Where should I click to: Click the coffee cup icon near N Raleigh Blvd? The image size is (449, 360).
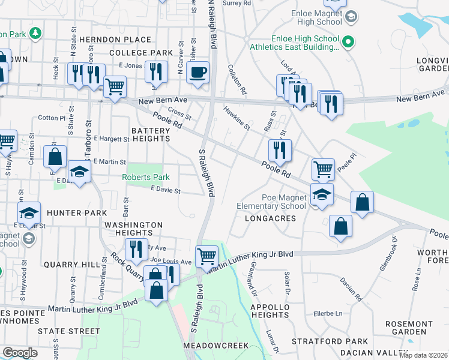coord(197,73)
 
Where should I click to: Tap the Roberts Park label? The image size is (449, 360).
coord(146,177)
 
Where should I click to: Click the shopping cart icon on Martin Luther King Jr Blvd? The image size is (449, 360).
coord(207,257)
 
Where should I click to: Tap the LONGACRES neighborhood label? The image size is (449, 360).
coord(271,218)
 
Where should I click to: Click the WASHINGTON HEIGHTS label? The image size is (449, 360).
coord(133,229)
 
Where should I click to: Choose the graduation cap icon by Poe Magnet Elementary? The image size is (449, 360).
coord(322,194)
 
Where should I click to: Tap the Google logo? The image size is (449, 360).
coord(20,353)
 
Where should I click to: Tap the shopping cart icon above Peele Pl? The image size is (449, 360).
coord(323,170)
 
